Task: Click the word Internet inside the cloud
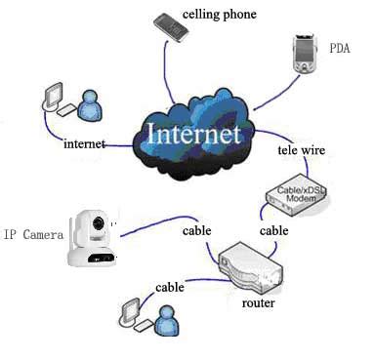(192, 133)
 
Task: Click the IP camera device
(94, 237)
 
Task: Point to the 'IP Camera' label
(32, 234)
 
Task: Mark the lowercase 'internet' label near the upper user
(83, 143)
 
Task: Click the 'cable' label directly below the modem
(273, 231)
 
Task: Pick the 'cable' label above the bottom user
(170, 288)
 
